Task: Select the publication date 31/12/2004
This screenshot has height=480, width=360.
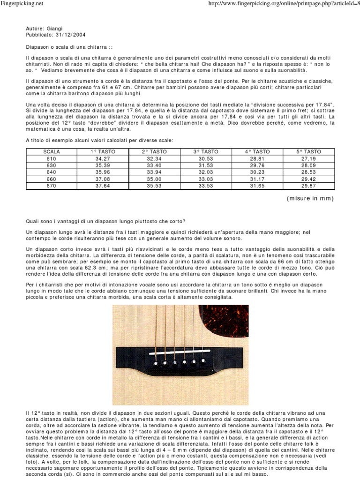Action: (69, 35)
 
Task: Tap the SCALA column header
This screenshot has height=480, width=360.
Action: (51, 151)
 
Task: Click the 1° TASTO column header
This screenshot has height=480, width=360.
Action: (102, 151)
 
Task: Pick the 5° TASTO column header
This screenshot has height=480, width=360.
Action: (309, 151)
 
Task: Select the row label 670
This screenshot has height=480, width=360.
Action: (51, 186)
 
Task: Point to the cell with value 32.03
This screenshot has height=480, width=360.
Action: (206, 172)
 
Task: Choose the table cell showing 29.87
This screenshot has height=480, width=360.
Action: (309, 186)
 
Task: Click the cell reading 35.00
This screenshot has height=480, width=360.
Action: (154, 179)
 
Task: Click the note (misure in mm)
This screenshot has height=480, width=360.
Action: (310, 198)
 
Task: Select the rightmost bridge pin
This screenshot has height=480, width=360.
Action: (203, 361)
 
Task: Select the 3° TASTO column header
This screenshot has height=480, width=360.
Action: (206, 151)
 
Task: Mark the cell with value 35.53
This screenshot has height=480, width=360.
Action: (154, 186)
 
